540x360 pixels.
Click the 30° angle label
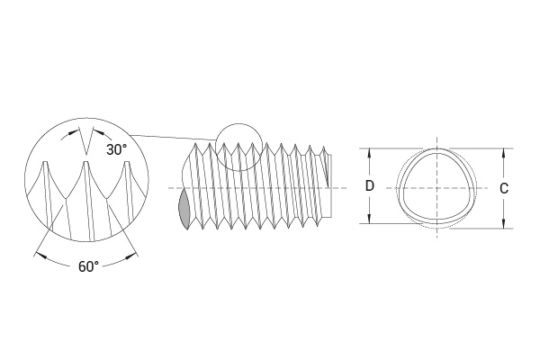tap(116, 149)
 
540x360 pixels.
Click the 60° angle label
tap(88, 266)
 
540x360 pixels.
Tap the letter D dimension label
tap(370, 186)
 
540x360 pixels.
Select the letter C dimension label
tap(504, 188)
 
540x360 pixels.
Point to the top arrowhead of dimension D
tap(370, 154)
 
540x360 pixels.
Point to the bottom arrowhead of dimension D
tap(370, 219)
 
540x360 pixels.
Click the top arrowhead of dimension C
tap(504, 154)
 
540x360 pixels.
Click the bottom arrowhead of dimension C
tap(504, 223)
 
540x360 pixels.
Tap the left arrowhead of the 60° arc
tap(41, 256)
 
